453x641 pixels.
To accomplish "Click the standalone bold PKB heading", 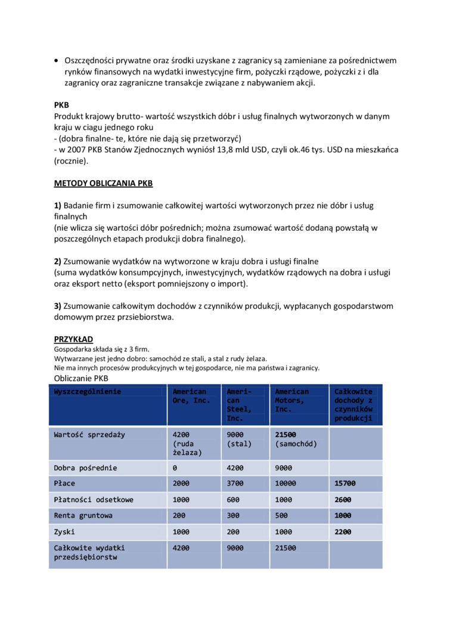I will pos(61,105).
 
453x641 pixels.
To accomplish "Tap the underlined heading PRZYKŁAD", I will pos(73,339).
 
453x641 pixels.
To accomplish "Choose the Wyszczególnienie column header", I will pos(88,392).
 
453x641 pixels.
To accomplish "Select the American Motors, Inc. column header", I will pos(291,400).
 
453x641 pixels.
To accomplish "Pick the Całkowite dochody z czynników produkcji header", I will pos(353,405).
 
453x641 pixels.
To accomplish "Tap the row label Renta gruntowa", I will pos(83,515).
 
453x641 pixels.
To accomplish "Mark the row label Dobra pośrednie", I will pos(85,468).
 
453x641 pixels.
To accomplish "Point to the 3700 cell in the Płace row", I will pos(236,484).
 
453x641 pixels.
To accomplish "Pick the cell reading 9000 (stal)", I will pos(240,439).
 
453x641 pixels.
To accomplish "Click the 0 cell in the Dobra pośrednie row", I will pos(175,468).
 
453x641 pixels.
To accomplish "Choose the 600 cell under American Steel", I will pos(234,500).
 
